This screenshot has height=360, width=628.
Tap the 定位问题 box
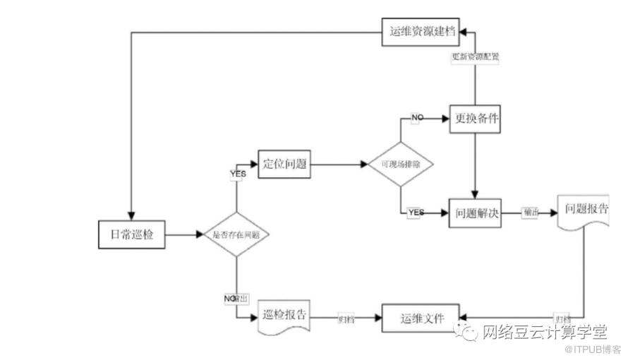(x=284, y=164)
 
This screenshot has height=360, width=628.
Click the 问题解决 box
(x=475, y=212)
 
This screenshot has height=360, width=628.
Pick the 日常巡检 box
(x=131, y=234)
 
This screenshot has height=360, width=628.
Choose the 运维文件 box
(x=420, y=318)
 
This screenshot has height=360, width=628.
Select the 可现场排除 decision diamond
(x=400, y=164)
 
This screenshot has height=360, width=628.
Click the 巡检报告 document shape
(x=284, y=316)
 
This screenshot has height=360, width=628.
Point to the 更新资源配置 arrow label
(x=476, y=59)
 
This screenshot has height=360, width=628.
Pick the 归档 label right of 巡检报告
(x=346, y=319)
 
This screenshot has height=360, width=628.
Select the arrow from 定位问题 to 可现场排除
(x=339, y=164)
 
